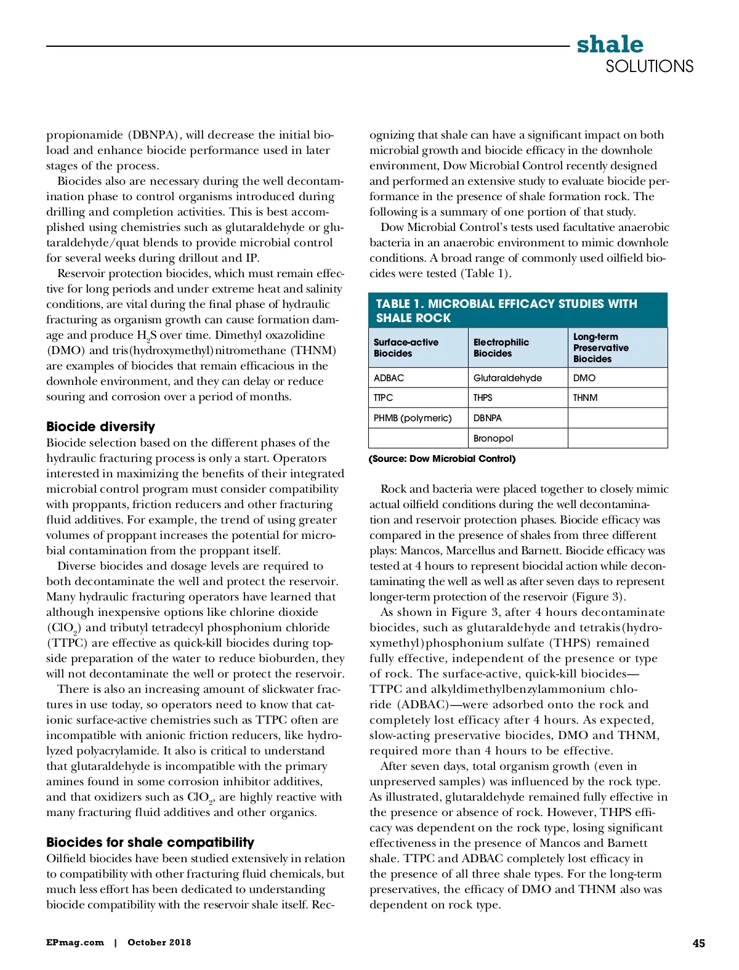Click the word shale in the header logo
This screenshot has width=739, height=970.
[x=610, y=44]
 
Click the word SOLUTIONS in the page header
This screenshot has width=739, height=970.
[x=649, y=67]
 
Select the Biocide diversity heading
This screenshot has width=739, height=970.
[x=100, y=426]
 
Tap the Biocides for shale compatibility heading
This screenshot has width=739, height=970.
[x=150, y=842]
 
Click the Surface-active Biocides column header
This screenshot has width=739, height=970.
[x=406, y=347]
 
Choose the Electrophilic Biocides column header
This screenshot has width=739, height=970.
[x=501, y=347]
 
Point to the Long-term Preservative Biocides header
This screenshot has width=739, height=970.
[x=600, y=347]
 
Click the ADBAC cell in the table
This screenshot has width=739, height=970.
[x=389, y=378]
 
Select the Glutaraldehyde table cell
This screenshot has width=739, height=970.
[x=507, y=378]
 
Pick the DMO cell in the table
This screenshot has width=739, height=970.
[x=584, y=378]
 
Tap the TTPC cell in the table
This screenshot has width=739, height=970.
[x=383, y=397]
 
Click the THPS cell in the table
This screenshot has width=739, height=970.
[x=483, y=397]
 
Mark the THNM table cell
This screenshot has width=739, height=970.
[x=585, y=397]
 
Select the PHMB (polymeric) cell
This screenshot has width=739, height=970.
[x=412, y=418]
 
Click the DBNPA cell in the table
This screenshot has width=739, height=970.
[x=487, y=418]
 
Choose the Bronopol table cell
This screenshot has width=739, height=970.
[x=493, y=438]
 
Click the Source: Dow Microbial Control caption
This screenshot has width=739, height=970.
[x=442, y=458]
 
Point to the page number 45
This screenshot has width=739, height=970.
[x=698, y=943]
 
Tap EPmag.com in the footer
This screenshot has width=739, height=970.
[x=75, y=942]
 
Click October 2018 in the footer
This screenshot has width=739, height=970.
[x=159, y=942]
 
